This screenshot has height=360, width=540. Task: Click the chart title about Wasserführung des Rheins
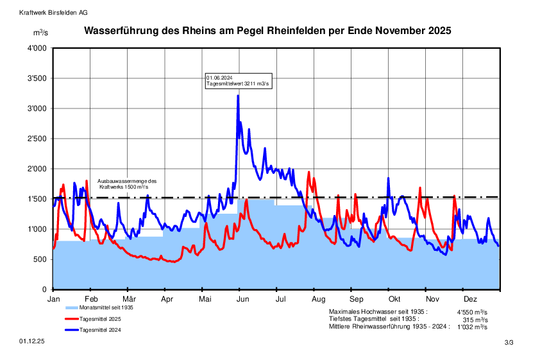pyautogui.click(x=268, y=30)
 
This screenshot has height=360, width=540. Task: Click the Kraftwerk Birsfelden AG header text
pyautogui.click(x=54, y=12)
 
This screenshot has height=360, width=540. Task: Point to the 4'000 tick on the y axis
pyautogui.click(x=37, y=48)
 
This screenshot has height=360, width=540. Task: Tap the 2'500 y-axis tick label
pyautogui.click(x=37, y=139)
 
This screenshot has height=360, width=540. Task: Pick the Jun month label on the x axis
pyautogui.click(x=243, y=299)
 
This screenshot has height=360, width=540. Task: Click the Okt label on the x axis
pyautogui.click(x=394, y=299)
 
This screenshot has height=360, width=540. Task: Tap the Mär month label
pyautogui.click(x=130, y=299)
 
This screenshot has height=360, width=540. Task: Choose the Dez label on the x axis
pyautogui.click(x=470, y=299)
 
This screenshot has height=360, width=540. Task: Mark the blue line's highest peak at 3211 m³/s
pyautogui.click(x=238, y=96)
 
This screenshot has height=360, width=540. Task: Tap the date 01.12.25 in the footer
pyautogui.click(x=31, y=343)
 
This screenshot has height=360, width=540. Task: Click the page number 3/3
pyautogui.click(x=509, y=343)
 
